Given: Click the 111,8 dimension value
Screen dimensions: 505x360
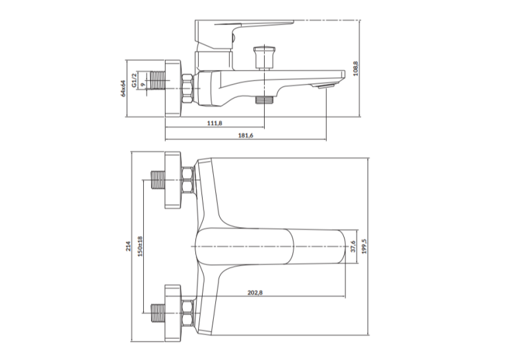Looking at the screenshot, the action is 215,123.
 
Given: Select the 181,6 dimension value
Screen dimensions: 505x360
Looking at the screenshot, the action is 246,135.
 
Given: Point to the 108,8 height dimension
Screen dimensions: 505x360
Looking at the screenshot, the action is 356,68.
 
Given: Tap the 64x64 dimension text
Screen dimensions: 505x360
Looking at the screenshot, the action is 123,88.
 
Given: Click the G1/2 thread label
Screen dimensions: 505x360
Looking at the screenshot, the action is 134,80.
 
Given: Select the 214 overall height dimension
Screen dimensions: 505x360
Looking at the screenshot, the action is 128,246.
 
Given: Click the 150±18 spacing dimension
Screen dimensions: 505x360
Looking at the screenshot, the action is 140,246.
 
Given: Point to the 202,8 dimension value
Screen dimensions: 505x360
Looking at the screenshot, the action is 255,293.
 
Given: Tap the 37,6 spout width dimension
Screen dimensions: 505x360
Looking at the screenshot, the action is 353,246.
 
